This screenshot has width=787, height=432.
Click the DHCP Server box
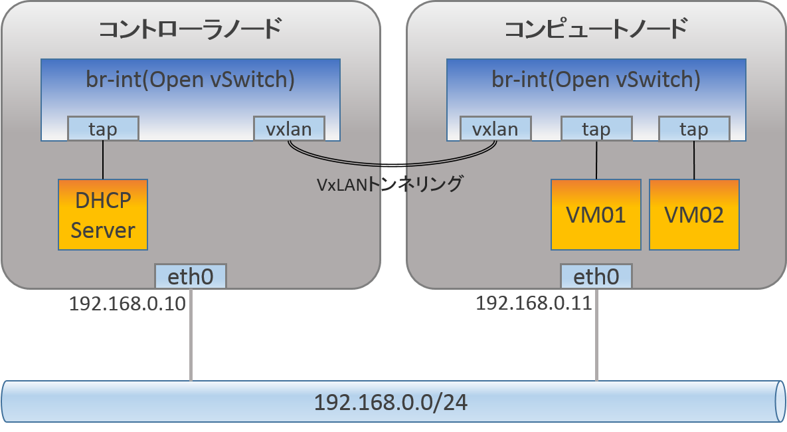pyautogui.click(x=103, y=215)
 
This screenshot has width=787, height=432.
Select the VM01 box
pyautogui.click(x=596, y=215)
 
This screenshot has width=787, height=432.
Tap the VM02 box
pyautogui.click(x=694, y=215)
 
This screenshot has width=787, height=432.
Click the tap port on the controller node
pyautogui.click(x=103, y=129)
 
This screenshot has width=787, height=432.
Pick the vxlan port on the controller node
pyautogui.click(x=290, y=129)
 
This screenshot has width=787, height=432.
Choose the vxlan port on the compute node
pyautogui.click(x=495, y=129)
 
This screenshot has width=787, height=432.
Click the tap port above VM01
pyautogui.click(x=596, y=130)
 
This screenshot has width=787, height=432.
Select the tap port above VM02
pyautogui.click(x=694, y=130)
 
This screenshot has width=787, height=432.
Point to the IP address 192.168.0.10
pyautogui.click(x=127, y=304)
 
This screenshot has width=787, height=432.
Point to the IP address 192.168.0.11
pyautogui.click(x=533, y=304)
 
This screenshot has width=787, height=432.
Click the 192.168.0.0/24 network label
pyautogui.click(x=390, y=403)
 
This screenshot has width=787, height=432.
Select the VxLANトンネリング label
pyautogui.click(x=389, y=183)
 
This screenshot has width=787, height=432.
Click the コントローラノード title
pyautogui.click(x=190, y=30)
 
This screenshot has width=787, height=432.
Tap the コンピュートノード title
pyautogui.click(x=595, y=30)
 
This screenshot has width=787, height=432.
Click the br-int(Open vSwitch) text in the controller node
pyautogui.click(x=190, y=79)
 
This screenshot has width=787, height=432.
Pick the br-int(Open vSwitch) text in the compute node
pyautogui.click(x=596, y=79)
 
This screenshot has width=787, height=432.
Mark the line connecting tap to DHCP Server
pyautogui.click(x=103, y=160)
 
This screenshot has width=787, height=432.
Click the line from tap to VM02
pyautogui.click(x=694, y=160)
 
